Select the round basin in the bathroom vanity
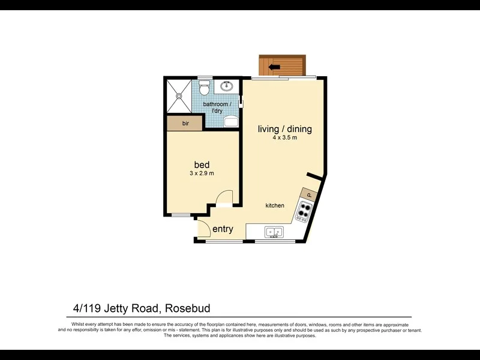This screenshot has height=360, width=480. click(x=227, y=86)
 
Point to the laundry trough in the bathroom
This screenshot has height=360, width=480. click(x=231, y=122)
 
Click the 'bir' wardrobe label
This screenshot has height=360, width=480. click(x=185, y=124)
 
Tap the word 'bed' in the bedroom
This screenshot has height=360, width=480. click(x=202, y=164)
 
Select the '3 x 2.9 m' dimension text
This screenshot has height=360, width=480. click(x=202, y=173)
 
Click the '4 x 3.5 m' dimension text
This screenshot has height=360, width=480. click(x=284, y=138)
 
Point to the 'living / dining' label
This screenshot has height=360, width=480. click(x=284, y=129)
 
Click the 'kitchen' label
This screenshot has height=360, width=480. click(x=275, y=206)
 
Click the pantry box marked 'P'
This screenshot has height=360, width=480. click(x=310, y=194)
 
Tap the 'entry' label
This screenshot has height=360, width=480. click(x=223, y=229)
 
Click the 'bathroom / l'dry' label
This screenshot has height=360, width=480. click(x=217, y=107)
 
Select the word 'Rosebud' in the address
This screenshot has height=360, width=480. click(x=188, y=308)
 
